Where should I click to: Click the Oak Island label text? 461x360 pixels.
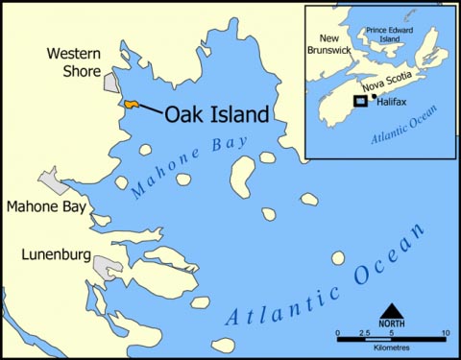pos(216,114)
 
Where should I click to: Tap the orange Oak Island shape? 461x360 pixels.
pos(131,103)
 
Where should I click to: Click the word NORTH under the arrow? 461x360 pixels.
pos(391,324)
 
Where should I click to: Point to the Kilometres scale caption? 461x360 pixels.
pos(390,351)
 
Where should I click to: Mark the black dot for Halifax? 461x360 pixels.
pos(373,97)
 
